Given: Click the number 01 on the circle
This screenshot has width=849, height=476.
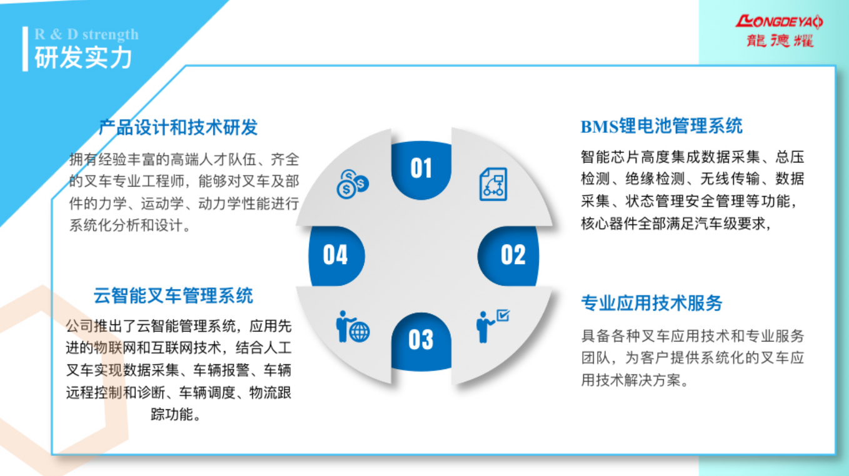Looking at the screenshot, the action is (x=421, y=168).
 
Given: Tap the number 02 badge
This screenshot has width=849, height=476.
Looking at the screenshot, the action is (x=513, y=254).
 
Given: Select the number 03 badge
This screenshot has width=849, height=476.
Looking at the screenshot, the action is (x=421, y=340).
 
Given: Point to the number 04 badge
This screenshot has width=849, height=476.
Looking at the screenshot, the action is (x=336, y=254).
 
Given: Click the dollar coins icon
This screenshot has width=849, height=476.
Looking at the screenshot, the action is (x=353, y=184).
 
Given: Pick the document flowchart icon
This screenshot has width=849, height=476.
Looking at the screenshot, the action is (x=493, y=184).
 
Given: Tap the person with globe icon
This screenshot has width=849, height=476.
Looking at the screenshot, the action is (x=353, y=327).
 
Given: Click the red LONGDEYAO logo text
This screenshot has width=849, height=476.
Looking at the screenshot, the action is (x=779, y=22).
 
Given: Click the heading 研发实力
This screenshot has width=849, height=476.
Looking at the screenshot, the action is (x=83, y=58).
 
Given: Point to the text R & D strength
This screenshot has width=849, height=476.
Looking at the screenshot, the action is (x=86, y=34).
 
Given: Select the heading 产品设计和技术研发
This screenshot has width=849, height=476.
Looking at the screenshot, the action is (x=178, y=127).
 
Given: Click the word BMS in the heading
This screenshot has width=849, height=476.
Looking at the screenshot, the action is (x=600, y=127).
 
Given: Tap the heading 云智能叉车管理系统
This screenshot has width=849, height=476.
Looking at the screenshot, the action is (x=173, y=295).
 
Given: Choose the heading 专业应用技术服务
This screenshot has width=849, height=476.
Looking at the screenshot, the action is (x=652, y=303).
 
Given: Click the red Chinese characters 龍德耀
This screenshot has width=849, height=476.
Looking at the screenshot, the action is (x=780, y=41).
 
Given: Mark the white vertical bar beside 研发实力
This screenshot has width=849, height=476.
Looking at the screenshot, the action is (x=26, y=49).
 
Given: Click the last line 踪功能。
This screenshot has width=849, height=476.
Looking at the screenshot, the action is (x=176, y=414).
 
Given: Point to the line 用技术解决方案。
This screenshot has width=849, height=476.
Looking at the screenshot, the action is (x=635, y=380).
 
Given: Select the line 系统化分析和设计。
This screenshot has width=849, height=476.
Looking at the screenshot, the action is (x=129, y=226).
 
